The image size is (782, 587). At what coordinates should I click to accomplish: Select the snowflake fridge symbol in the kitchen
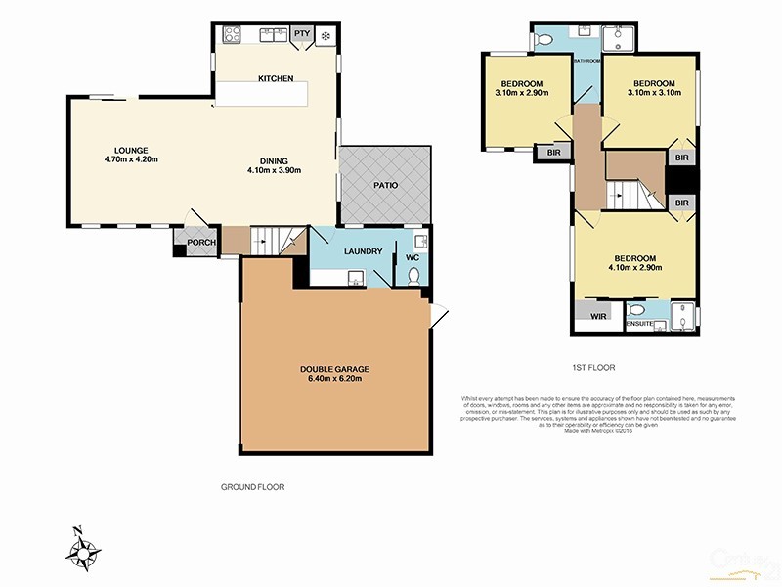click(x=326, y=36)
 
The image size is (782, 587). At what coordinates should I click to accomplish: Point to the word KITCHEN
click(x=276, y=79)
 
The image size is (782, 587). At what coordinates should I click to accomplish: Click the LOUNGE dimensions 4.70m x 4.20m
click(x=131, y=159)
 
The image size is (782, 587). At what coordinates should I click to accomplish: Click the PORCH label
click(x=201, y=244)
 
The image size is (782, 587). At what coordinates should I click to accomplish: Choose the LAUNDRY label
click(x=363, y=251)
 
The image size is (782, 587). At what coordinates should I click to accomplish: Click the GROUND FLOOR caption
click(x=252, y=486)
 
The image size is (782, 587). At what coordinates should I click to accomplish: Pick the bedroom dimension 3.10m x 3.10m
click(x=652, y=94)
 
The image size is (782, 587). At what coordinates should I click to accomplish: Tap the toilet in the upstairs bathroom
click(x=545, y=39)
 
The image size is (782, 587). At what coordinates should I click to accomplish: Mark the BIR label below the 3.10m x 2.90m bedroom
click(x=553, y=154)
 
